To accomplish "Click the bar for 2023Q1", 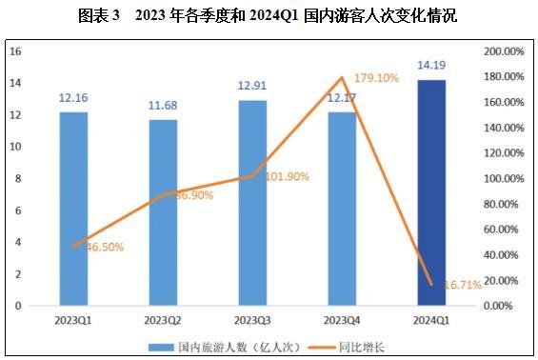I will click(x=73, y=210).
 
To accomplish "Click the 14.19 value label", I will click(x=431, y=66).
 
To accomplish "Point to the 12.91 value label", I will click(x=252, y=87).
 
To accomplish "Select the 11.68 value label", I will click(x=163, y=106).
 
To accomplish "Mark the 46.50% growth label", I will click(x=105, y=247).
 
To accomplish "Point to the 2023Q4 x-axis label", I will click(x=342, y=320).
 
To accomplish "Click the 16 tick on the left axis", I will click(x=15, y=51).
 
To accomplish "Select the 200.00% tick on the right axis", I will click(x=503, y=51).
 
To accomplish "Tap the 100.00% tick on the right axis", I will click(x=503, y=179).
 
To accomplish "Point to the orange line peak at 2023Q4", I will click(x=342, y=77).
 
